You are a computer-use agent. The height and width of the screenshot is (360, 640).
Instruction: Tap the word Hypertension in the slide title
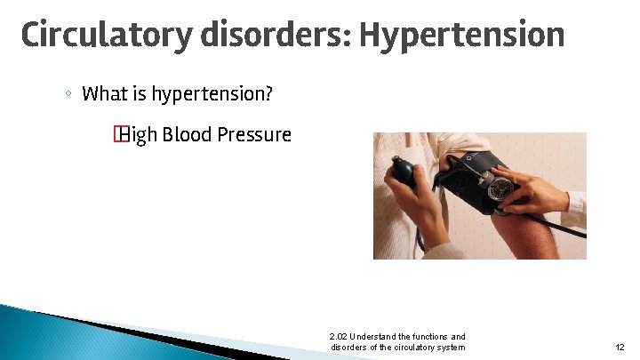[461, 36]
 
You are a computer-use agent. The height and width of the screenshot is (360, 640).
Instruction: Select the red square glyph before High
[116, 135]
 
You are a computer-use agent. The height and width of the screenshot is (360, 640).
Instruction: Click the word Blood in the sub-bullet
[185, 135]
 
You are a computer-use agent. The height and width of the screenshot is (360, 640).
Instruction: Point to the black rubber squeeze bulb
[404, 171]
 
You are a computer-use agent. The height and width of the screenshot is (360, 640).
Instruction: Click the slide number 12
[620, 347]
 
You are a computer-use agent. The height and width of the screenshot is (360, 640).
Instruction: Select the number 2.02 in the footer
[338, 337]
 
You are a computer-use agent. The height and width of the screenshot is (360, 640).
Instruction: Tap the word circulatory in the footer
[409, 347]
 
